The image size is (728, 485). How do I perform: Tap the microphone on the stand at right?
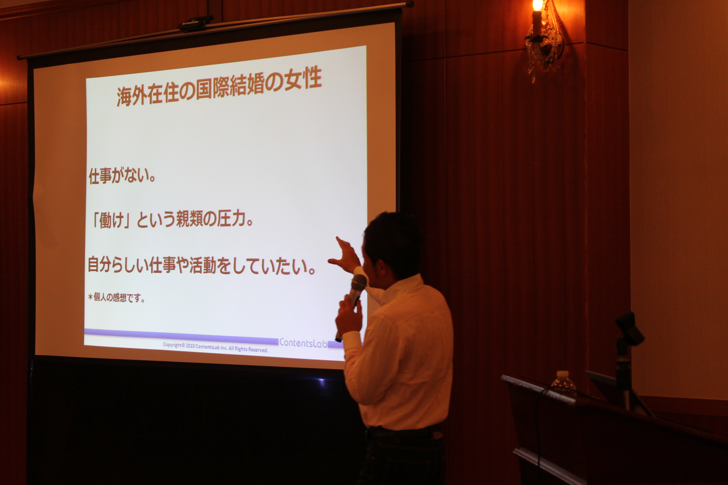pos(629,328)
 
